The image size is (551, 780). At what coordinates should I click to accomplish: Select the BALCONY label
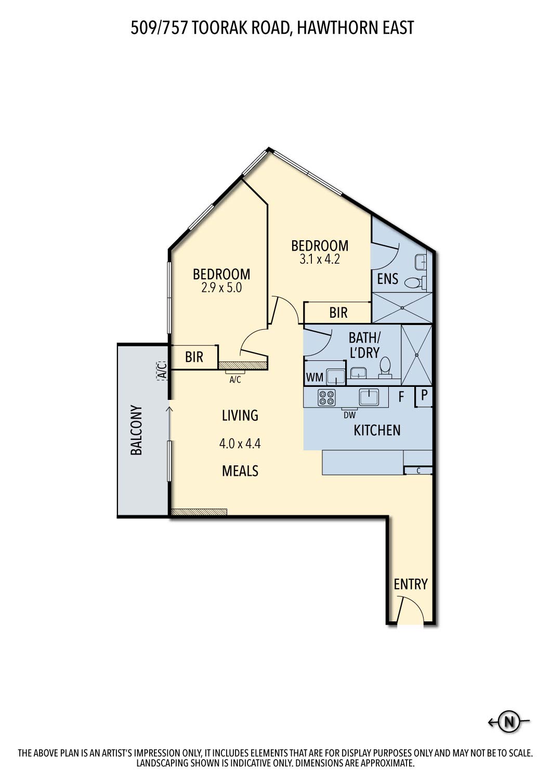point(136,430)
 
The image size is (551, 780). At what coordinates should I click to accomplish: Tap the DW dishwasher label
point(349,415)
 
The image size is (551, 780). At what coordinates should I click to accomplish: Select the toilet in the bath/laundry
point(385,368)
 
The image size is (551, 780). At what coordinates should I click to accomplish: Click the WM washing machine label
point(314,377)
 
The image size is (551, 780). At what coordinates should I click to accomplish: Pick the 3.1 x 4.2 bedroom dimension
point(320,259)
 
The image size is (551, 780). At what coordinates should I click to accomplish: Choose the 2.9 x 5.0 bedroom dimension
point(221,288)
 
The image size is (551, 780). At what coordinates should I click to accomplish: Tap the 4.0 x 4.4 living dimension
point(240,444)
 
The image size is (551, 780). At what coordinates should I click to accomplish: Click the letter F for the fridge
point(401,396)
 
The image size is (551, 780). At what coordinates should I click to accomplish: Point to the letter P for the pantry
point(424,395)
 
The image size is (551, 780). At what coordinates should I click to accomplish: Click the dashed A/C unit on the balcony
point(162,370)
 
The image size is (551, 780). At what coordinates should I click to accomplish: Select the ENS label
point(387,279)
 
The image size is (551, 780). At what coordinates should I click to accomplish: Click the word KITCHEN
point(377,431)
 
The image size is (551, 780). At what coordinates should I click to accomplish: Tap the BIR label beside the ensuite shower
point(338,313)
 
